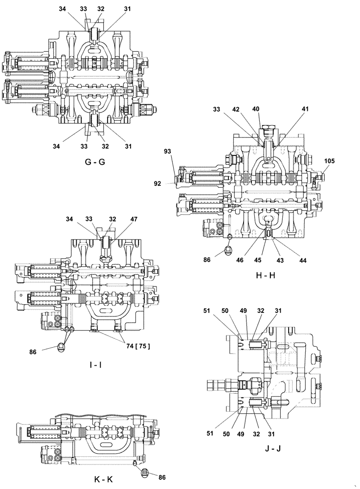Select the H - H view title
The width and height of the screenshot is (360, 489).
click(x=266, y=275)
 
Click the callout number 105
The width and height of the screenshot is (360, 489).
click(x=330, y=161)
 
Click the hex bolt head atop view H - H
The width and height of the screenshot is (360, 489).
click(x=267, y=131)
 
